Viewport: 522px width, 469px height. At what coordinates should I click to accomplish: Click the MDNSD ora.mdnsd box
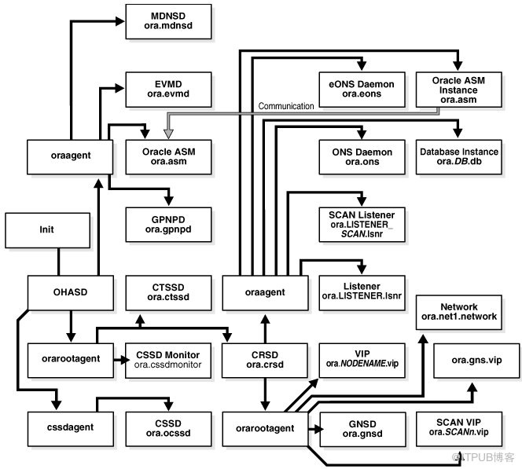168,22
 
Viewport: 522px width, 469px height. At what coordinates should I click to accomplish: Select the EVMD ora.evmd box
168,90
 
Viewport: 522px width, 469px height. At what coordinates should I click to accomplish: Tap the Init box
47,232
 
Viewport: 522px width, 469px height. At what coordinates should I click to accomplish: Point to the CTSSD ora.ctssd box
168,291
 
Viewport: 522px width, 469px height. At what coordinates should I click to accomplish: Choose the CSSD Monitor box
168,359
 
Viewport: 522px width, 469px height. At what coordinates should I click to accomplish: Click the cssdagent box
61,427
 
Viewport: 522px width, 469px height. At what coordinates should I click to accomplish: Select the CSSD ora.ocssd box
168,427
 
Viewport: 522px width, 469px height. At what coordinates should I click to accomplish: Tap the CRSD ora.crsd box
264,359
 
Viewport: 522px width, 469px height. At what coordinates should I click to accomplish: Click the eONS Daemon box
362,90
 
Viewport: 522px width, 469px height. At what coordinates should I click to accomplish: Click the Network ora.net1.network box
459,313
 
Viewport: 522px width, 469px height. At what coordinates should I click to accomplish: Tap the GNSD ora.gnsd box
362,427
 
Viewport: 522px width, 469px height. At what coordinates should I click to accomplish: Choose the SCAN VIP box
459,427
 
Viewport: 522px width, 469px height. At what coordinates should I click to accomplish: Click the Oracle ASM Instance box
459,90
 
